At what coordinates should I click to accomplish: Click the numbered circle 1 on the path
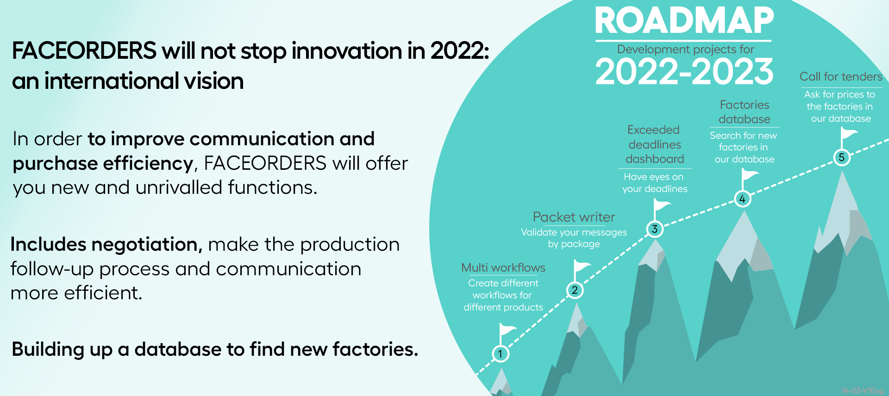[500, 354]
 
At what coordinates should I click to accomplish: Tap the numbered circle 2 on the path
[575, 290]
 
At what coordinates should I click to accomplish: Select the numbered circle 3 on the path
[655, 229]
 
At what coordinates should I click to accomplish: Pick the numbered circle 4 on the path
[742, 199]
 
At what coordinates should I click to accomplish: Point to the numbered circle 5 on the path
[842, 157]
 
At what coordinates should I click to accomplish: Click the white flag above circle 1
[507, 334]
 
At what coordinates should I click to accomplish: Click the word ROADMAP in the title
[684, 21]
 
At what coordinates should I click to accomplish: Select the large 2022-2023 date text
[684, 72]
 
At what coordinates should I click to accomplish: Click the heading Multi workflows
[503, 267]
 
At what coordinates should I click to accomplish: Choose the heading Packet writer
[574, 217]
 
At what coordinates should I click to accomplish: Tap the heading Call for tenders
[841, 76]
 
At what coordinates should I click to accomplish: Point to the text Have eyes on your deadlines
[655, 183]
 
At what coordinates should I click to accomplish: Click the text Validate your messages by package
[574, 238]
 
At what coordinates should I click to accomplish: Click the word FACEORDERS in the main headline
[84, 50]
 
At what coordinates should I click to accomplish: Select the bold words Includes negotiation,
[106, 244]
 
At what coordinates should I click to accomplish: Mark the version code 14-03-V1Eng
[863, 391]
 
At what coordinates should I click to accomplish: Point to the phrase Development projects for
[686, 49]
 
